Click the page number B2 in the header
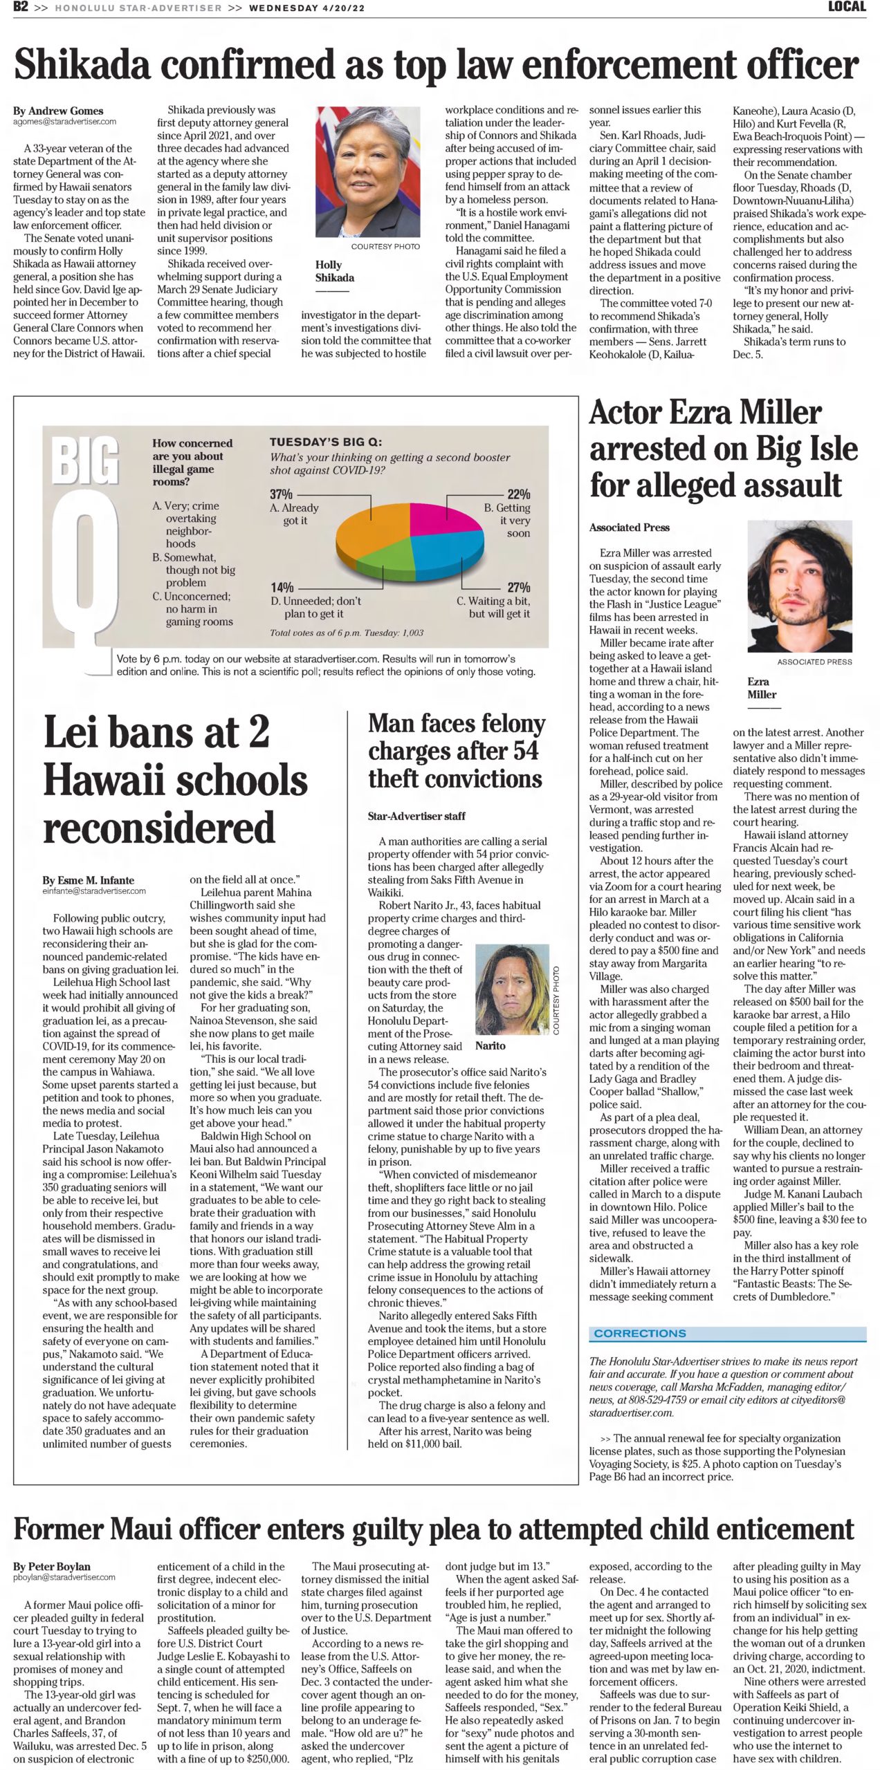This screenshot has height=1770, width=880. [x=20, y=7]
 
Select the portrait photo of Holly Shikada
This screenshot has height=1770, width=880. [x=367, y=171]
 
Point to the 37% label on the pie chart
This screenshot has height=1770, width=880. [x=281, y=494]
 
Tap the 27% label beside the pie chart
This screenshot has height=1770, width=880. [x=519, y=587]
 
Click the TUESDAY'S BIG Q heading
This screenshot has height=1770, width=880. [x=325, y=442]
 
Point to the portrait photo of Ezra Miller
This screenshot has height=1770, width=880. [x=799, y=586]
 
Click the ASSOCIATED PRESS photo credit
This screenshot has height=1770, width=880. [x=814, y=662]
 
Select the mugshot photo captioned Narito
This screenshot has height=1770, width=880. [x=512, y=989]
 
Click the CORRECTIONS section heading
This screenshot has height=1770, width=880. [x=640, y=1333]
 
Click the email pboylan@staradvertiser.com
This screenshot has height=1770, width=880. [x=64, y=1577]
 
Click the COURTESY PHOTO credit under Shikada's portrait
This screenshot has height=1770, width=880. [x=385, y=246]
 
